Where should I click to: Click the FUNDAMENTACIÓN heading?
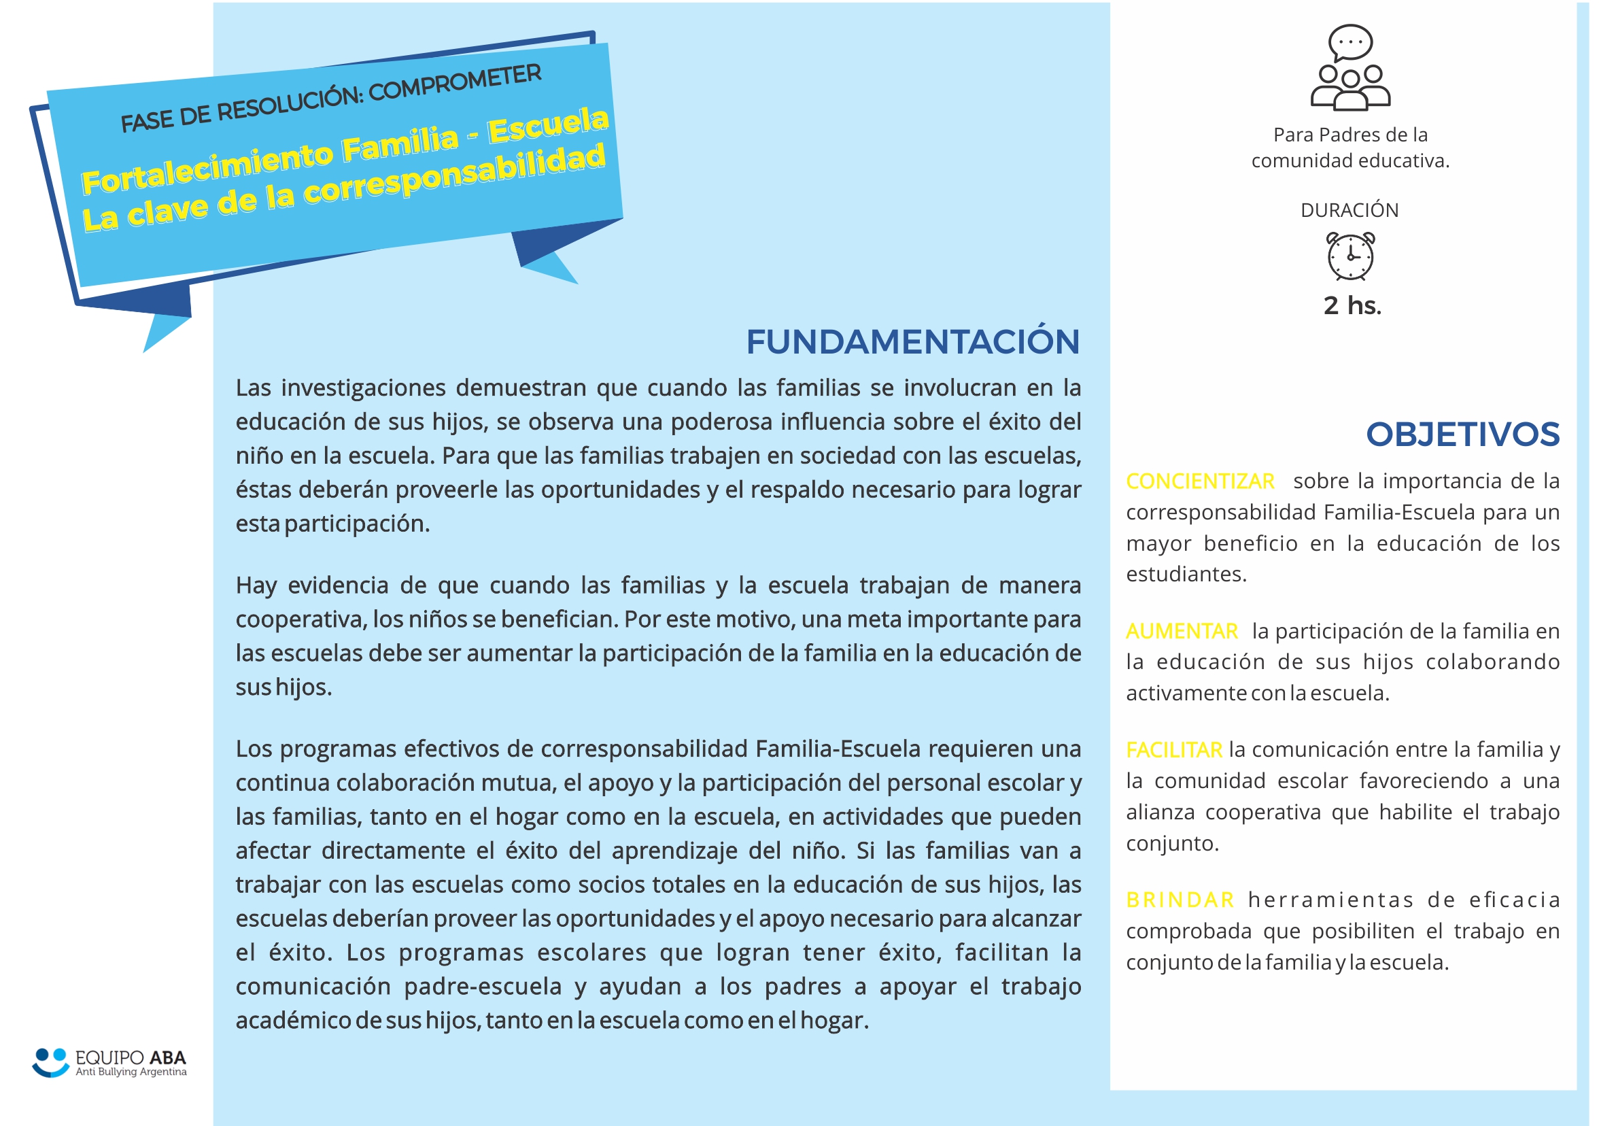pyautogui.click(x=912, y=342)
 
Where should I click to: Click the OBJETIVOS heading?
pyautogui.click(x=1462, y=434)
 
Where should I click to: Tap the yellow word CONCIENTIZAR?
pyautogui.click(x=1200, y=481)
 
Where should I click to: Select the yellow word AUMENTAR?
pyautogui.click(x=1182, y=631)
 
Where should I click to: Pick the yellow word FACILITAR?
pyautogui.click(x=1173, y=750)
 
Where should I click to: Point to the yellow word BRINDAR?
pyautogui.click(x=1180, y=900)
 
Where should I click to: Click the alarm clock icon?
pyautogui.click(x=1349, y=256)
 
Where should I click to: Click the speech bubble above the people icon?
pyautogui.click(x=1350, y=41)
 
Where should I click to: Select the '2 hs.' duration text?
pyautogui.click(x=1352, y=306)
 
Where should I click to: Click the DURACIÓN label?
pyautogui.click(x=1349, y=210)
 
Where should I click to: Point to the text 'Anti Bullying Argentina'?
pyautogui.click(x=131, y=1072)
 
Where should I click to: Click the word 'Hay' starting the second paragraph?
pyautogui.click(x=255, y=585)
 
